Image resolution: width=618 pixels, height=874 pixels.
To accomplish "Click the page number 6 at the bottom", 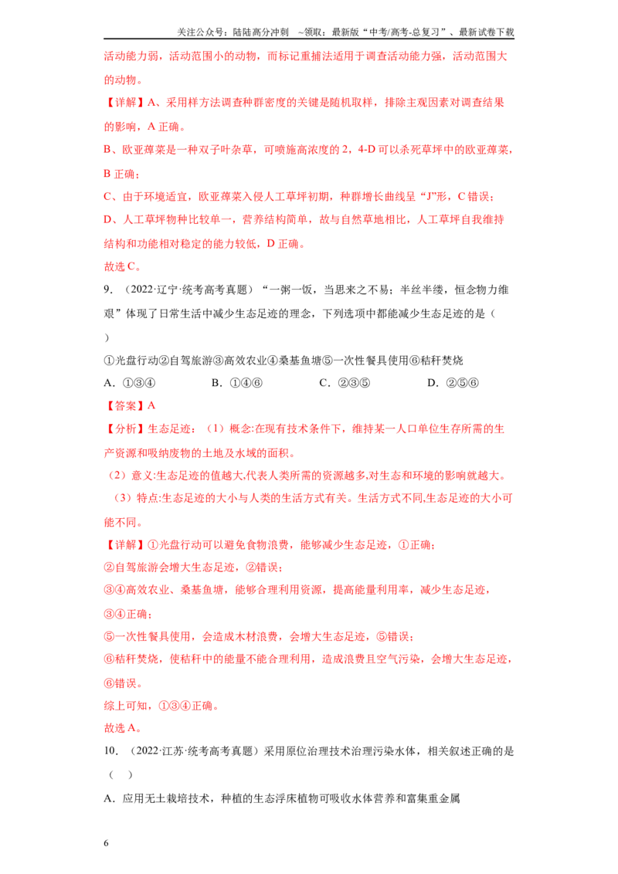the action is (x=106, y=843).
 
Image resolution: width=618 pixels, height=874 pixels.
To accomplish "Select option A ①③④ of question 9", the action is (x=130, y=383).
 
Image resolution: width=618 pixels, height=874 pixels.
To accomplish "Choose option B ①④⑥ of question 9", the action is (x=236, y=383).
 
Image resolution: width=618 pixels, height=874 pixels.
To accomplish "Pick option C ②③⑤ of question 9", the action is (x=344, y=383).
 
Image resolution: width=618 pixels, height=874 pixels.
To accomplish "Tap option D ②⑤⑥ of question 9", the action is (x=453, y=383).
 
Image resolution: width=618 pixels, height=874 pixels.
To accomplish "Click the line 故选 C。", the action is (x=122, y=266).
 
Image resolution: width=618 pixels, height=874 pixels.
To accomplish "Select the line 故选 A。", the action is (x=122, y=728).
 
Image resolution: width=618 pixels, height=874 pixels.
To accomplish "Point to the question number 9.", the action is (x=108, y=290).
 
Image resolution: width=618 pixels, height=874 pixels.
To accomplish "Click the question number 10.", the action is (x=111, y=750).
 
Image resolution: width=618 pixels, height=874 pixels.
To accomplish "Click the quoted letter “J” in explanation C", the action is (x=426, y=197).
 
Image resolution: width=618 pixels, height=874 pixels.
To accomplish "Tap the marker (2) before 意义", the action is (x=117, y=476).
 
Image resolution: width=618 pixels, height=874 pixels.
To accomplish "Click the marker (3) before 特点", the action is (x=123, y=498).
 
